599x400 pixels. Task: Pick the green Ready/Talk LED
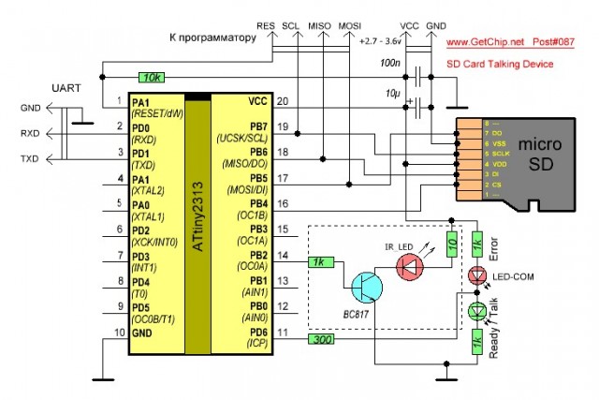click(x=476, y=310)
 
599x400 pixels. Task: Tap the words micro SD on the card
click(x=540, y=155)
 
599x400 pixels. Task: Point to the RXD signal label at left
click(x=30, y=134)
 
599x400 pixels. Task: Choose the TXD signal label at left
click(x=30, y=160)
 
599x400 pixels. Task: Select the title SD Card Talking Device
click(x=501, y=64)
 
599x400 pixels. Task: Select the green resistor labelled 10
click(x=452, y=244)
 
